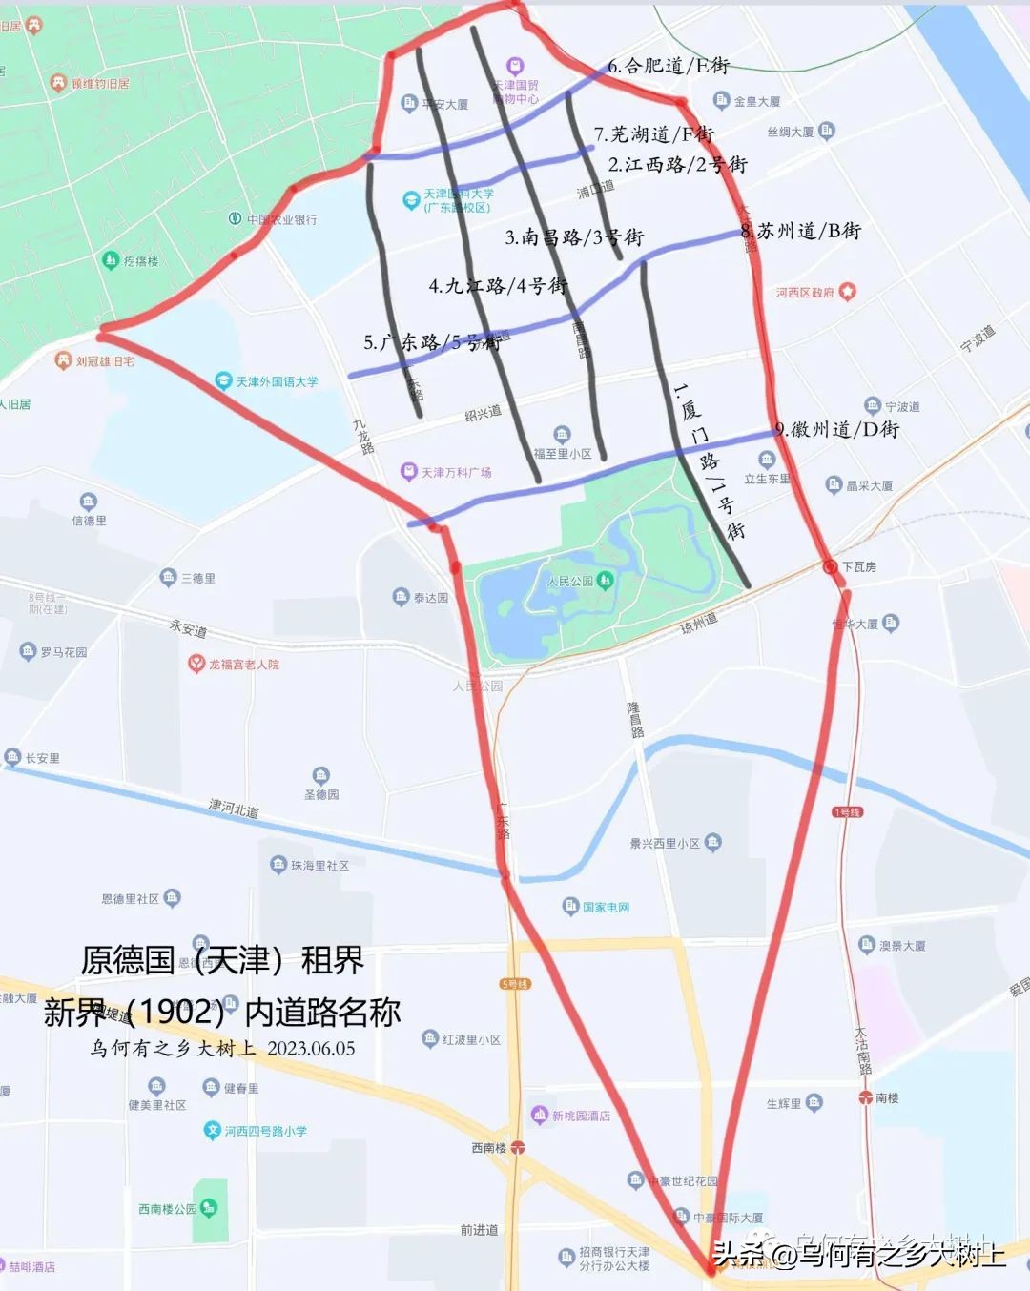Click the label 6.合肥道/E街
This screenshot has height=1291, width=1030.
pos(669,66)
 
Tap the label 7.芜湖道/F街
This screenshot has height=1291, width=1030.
pos(653,134)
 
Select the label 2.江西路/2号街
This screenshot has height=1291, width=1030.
pos(677,165)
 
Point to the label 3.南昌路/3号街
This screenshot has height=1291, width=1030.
pos(574,237)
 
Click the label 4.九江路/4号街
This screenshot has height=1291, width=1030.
pos(498,285)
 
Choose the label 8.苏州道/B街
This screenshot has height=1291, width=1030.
pos(801,231)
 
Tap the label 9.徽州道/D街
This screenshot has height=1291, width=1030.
pos(836,430)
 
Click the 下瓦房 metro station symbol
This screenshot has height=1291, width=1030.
pos(830,566)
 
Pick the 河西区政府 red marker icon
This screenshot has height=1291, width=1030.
pos(847,292)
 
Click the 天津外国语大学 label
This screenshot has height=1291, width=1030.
pos(277,381)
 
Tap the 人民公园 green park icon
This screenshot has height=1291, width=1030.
pos(605,580)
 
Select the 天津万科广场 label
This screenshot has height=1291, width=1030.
pos(456,472)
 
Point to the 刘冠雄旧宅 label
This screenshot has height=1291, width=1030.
pos(105,361)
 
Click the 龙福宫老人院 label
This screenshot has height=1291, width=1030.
pos(244,664)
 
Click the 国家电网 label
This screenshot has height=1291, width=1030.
pos(606,907)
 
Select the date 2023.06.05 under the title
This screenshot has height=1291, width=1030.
pos(311,1049)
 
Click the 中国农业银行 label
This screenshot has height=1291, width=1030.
pos(281,219)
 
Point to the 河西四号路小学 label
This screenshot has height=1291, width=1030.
pos(265,1131)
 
